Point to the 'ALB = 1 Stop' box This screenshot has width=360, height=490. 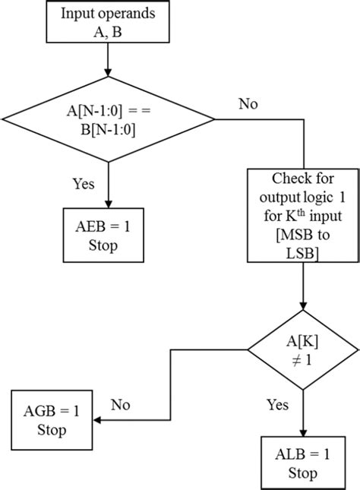(302, 463)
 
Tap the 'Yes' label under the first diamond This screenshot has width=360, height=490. (84, 183)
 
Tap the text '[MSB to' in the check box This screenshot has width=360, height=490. (302, 242)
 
